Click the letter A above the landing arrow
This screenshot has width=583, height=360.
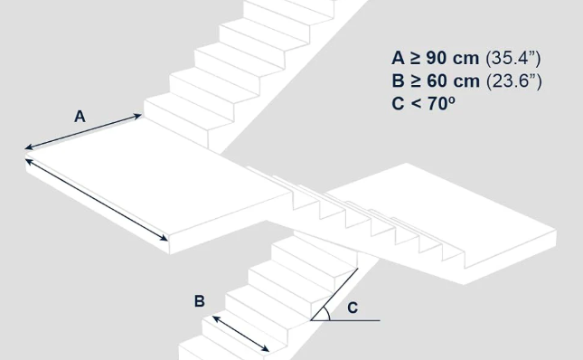[80, 117]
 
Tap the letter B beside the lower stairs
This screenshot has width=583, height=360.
[200, 301]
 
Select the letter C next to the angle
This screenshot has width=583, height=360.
[353, 308]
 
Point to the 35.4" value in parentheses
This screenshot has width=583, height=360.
[513, 58]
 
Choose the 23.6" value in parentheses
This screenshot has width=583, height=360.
[514, 81]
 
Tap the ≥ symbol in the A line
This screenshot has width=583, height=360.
[415, 59]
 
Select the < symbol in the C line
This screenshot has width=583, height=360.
[416, 103]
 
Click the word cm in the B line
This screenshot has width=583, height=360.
[465, 81]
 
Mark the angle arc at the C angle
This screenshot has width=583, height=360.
[327, 313]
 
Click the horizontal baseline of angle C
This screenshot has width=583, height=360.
[345, 320]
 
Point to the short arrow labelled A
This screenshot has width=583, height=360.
[83, 132]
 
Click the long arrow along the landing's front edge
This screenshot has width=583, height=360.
[97, 200]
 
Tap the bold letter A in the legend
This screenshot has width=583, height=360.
[399, 59]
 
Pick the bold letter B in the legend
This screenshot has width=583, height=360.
[399, 81]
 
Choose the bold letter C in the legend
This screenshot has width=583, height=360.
[399, 103]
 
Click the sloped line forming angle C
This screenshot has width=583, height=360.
[334, 294]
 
